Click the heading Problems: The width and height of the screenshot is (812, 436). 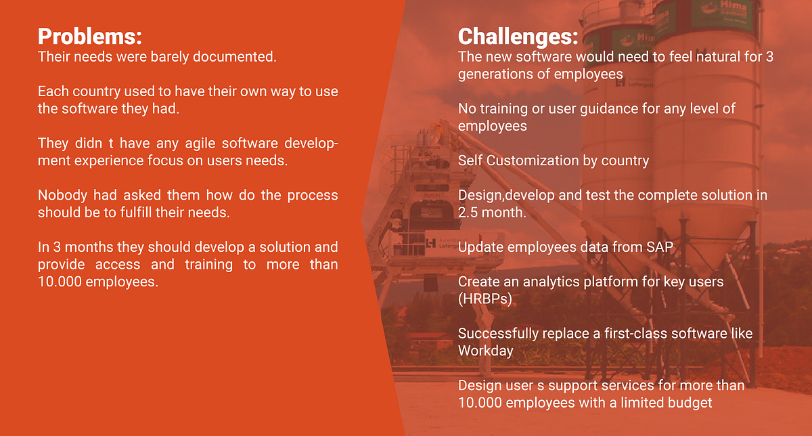[x=90, y=37]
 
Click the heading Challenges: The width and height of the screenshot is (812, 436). [x=518, y=37]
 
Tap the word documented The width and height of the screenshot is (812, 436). [x=235, y=57]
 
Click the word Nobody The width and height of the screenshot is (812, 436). [x=62, y=195]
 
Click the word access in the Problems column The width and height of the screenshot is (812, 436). [x=118, y=265]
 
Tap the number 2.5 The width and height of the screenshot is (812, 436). [x=468, y=213]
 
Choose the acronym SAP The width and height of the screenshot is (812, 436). [x=660, y=247]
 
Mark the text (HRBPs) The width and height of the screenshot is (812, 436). [x=485, y=299]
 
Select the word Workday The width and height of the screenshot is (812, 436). [x=486, y=351]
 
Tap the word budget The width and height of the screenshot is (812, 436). [x=690, y=403]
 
